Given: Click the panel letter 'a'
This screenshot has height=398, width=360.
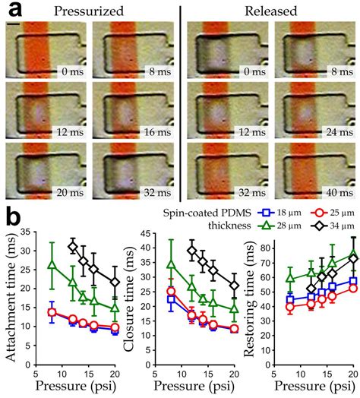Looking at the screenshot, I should tap(11, 11).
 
